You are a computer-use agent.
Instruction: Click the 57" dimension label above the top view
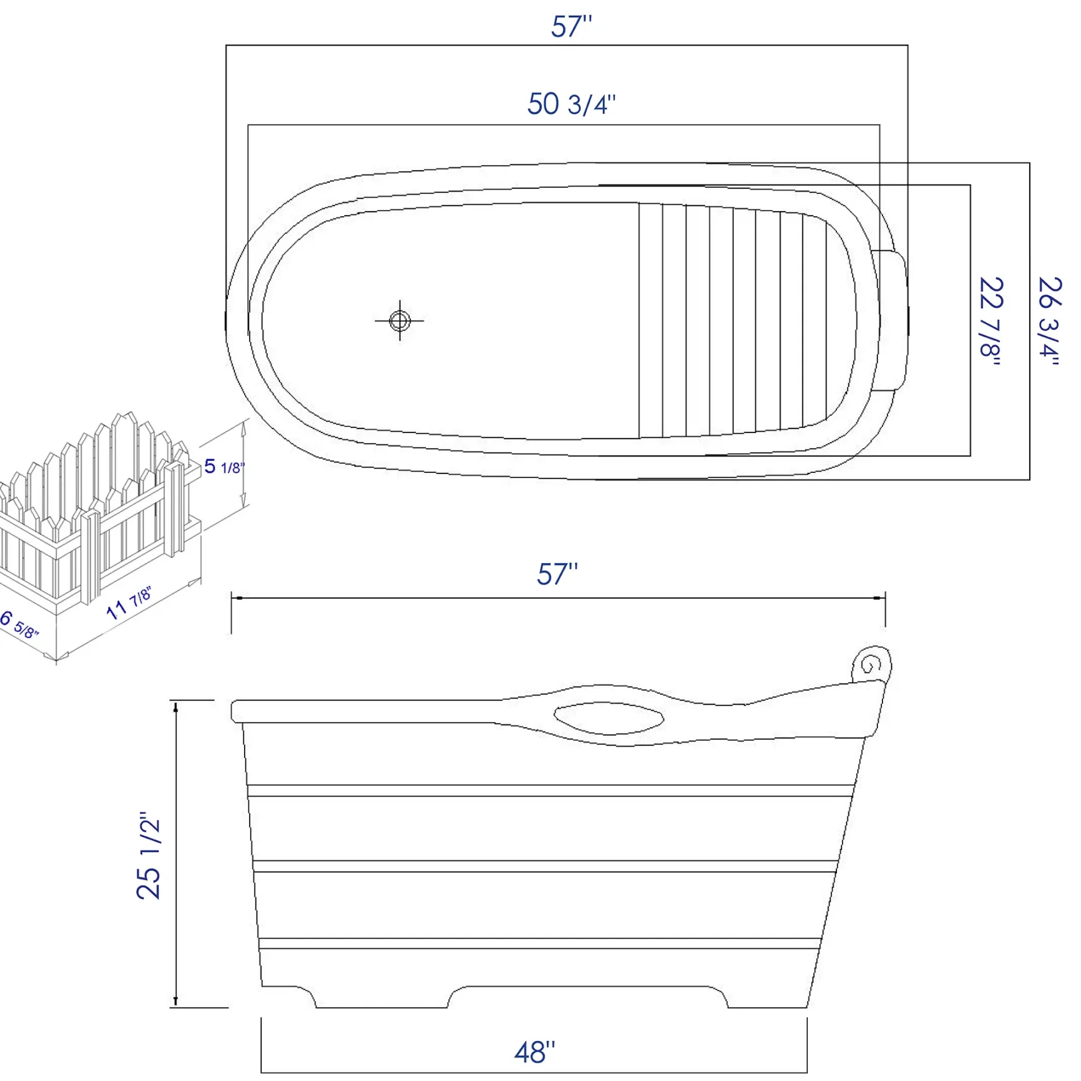[571, 27]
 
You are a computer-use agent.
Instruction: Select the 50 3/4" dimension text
[571, 104]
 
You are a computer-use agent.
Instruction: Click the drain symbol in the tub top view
[400, 321]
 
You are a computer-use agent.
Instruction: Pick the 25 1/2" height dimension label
[149, 855]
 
